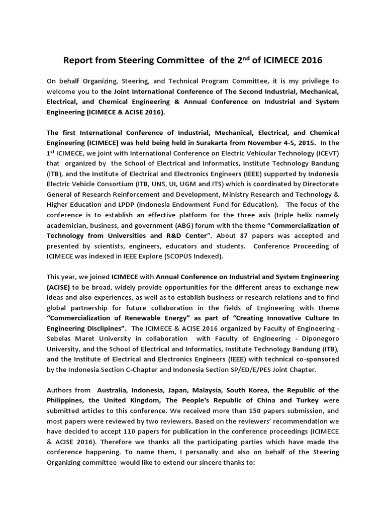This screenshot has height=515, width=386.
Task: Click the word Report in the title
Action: click(78, 60)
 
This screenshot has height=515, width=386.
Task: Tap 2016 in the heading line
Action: click(309, 60)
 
